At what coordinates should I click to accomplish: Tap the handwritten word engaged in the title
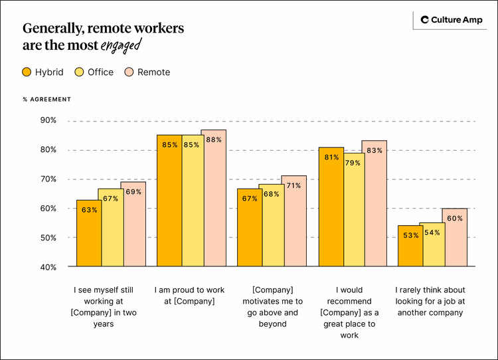121,46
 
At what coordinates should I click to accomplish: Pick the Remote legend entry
147,72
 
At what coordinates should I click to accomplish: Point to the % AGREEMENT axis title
46,100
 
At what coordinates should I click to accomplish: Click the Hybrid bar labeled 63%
89,233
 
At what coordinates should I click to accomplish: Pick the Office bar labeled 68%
272,226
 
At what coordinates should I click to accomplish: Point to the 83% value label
374,151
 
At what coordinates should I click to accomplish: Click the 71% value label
294,186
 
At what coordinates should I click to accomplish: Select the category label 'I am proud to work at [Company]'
189,296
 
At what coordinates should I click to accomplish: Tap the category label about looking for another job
430,301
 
